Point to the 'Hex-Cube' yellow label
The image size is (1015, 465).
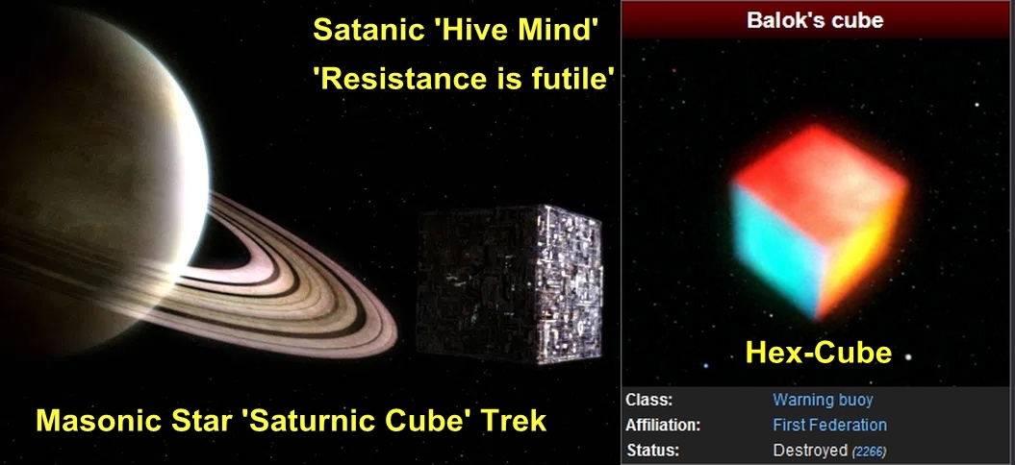pos(818,353)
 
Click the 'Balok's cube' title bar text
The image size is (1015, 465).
pos(815,19)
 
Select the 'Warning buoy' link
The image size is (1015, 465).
pos(822,400)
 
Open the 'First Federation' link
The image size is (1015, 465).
pos(829,425)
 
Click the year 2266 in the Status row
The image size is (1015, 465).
pos(868,452)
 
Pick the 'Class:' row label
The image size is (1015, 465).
pos(648,400)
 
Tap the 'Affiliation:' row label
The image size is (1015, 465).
pos(663,425)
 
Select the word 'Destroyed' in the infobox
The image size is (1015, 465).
pos(810,451)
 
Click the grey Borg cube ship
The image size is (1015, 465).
pos(510,283)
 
